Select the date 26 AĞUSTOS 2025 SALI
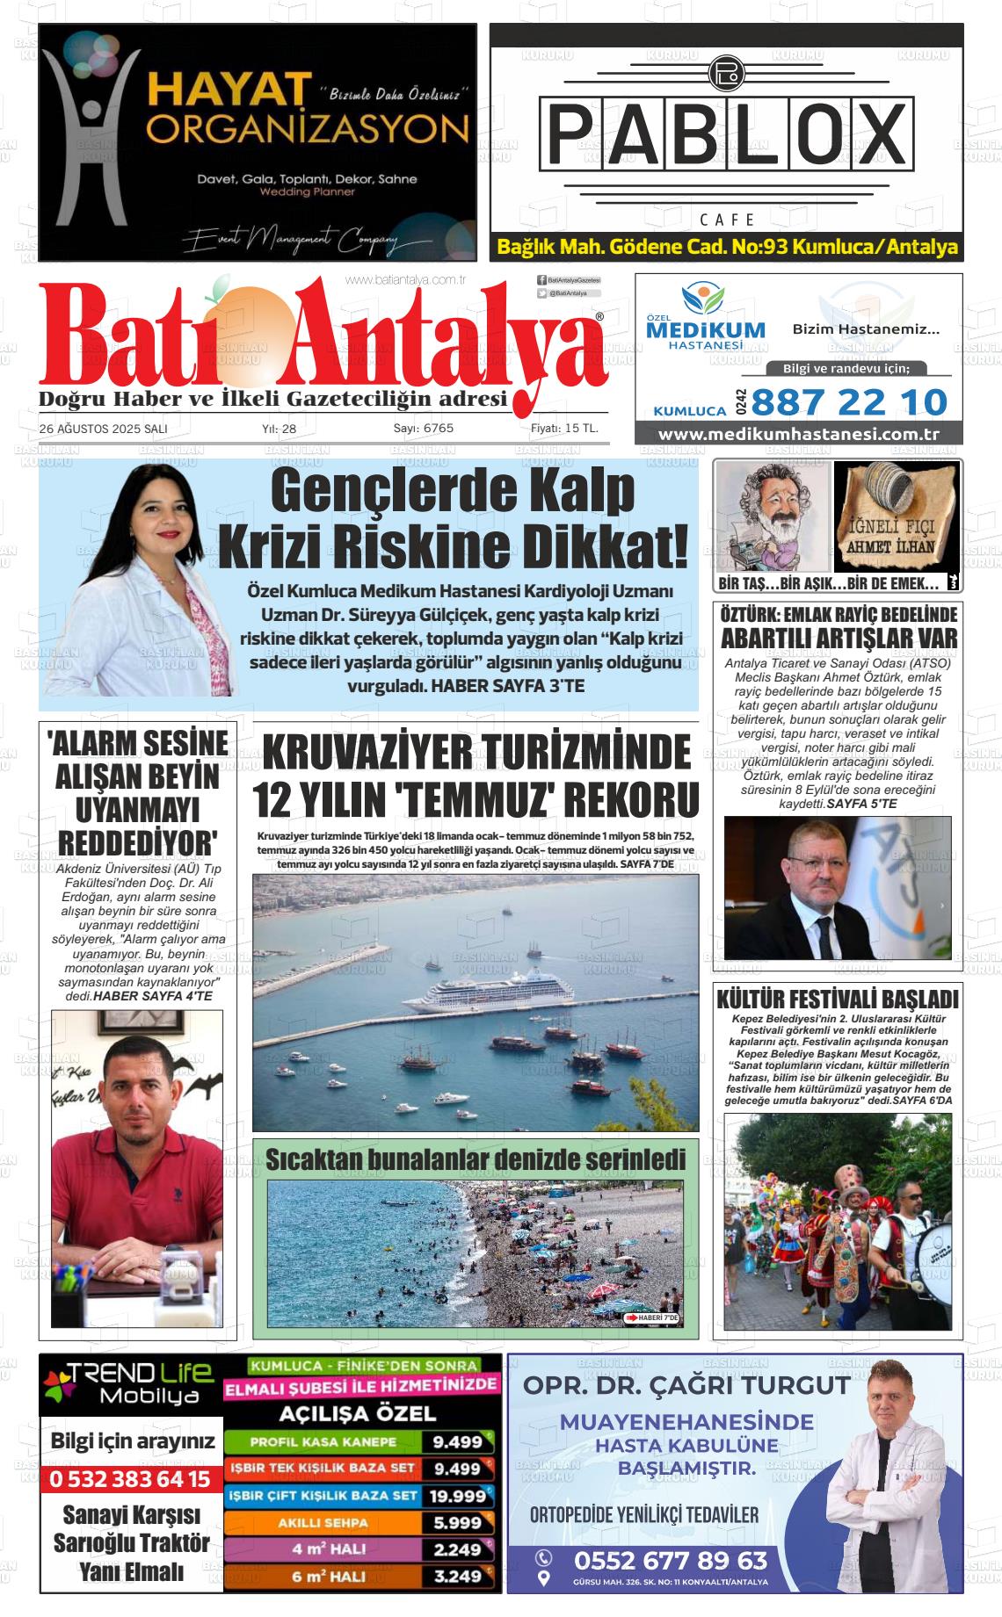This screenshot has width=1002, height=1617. (103, 429)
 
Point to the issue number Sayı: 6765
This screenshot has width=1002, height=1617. (423, 429)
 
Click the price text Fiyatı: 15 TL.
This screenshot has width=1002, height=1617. (564, 429)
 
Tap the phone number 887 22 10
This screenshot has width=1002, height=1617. (849, 402)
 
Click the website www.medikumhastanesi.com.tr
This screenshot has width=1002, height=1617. (798, 435)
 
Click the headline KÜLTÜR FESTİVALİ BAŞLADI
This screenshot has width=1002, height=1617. (837, 1000)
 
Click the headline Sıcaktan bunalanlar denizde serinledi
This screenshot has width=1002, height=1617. (475, 1160)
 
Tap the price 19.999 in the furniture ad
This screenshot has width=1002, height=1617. (457, 1495)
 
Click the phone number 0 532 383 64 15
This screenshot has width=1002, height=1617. (130, 1479)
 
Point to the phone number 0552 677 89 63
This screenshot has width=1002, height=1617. (670, 1560)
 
